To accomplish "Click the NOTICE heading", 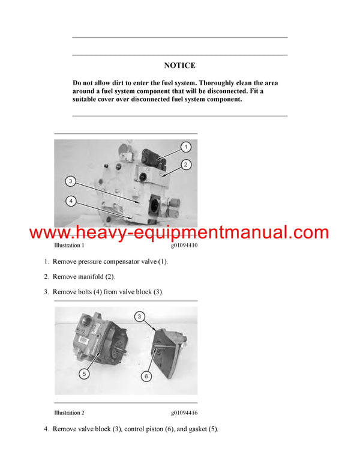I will click(179, 65).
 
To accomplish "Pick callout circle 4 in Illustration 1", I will click(71, 201).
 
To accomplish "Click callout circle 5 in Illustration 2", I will click(83, 373).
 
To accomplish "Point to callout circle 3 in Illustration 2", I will click(139, 316).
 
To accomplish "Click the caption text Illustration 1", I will click(69, 246).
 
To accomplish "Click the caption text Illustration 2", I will click(69, 413).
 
